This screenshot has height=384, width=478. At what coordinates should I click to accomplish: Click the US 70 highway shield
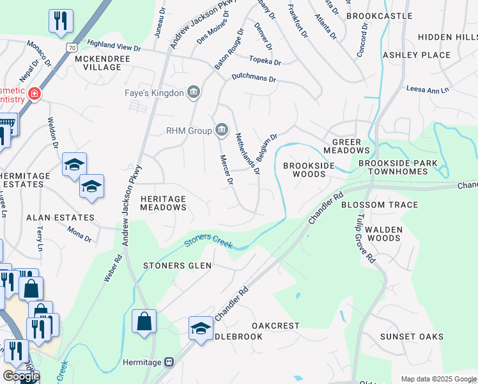[x=72, y=47]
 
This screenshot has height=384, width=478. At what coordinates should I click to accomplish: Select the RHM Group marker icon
[x=222, y=131]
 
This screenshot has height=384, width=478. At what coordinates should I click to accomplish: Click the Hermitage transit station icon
[x=169, y=362]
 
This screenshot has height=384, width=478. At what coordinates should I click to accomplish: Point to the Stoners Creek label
[x=206, y=243]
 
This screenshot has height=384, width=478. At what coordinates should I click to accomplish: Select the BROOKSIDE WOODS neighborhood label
[x=309, y=170]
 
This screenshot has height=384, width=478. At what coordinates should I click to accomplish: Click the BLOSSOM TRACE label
[x=380, y=205]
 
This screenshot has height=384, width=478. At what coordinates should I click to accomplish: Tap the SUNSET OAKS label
[x=412, y=337]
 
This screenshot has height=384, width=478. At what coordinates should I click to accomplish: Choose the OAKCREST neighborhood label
[x=275, y=326]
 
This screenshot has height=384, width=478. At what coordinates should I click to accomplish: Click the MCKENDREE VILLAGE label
[x=102, y=63]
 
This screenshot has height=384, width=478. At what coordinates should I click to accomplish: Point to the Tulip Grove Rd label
[x=364, y=243]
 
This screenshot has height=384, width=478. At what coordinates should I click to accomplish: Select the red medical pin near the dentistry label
[x=34, y=95]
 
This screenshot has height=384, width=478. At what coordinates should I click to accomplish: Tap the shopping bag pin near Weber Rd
[x=144, y=321]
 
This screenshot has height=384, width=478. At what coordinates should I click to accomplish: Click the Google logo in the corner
[x=21, y=376]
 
